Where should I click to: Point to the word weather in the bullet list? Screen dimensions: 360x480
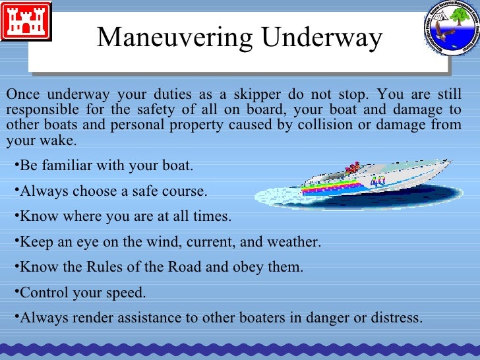pyautogui.click(x=293, y=242)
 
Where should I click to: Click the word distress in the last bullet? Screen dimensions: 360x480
pyautogui.click(x=393, y=318)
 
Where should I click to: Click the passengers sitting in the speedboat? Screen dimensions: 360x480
pyautogui.click(x=353, y=167)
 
